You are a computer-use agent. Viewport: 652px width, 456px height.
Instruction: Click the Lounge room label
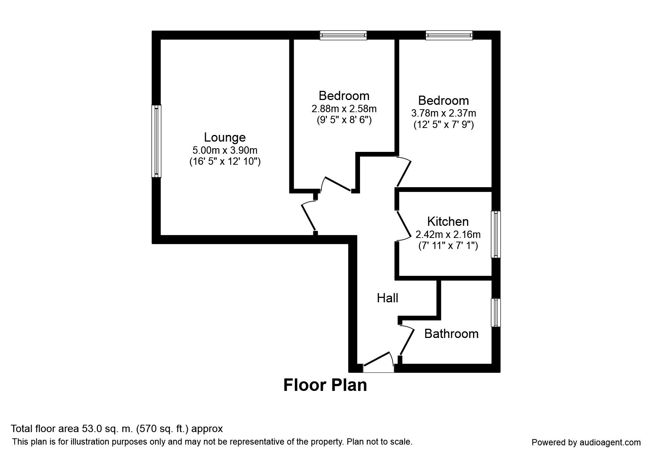225,138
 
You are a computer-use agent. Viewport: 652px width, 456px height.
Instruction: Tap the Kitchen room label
448,221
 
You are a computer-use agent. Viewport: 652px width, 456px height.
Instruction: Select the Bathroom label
451,334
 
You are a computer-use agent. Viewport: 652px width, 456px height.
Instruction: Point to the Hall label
387,298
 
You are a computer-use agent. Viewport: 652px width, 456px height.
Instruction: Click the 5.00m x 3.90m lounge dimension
225,150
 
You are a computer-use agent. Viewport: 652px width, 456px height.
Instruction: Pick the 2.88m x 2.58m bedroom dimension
344,109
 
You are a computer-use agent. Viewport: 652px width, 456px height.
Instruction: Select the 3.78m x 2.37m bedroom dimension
443,113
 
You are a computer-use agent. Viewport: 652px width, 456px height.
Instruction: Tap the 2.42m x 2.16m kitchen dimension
448,234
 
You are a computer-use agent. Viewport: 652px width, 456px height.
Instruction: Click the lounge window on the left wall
157,141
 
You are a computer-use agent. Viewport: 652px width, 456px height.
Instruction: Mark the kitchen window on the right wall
496,234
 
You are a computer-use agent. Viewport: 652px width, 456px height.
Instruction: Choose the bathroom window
496,313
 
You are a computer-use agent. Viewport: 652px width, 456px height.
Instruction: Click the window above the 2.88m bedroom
343,35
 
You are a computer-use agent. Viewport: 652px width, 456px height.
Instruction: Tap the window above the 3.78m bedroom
449,35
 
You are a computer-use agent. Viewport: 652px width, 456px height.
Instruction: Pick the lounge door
309,216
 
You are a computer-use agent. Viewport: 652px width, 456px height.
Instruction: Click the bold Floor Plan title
325,385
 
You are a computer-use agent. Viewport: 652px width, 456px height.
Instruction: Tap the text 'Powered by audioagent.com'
586,442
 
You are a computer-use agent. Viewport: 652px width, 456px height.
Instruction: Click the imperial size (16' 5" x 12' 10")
225,161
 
